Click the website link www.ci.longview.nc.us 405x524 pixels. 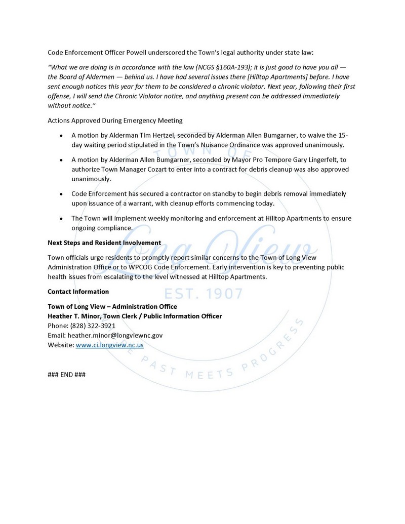click(109, 345)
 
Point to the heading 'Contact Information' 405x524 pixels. click(78, 292)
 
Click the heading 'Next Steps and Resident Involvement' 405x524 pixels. click(104, 243)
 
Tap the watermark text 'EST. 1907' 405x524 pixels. click(202, 293)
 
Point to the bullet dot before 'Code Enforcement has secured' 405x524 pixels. click(61, 194)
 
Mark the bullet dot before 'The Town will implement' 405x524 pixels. click(61, 219)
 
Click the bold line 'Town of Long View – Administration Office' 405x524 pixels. click(112, 306)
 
